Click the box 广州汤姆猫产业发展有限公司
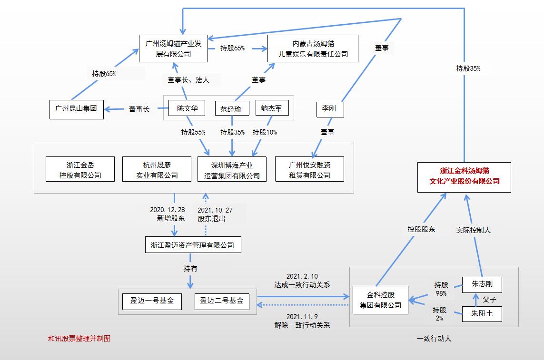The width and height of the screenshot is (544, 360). click(x=173, y=49)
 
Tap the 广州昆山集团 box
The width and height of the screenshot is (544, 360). click(x=76, y=109)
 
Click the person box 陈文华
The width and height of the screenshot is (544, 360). click(x=187, y=108)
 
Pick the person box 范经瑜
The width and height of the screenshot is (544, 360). click(x=231, y=109)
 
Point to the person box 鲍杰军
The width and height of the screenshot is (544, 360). click(x=272, y=108)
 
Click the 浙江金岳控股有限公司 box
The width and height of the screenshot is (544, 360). click(x=80, y=170)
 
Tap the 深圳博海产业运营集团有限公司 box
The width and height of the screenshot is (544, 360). click(x=232, y=170)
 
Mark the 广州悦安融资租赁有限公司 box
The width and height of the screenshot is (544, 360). click(x=309, y=170)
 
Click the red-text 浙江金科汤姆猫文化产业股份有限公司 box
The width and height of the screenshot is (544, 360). click(x=464, y=177)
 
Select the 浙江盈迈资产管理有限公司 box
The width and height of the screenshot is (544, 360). click(x=192, y=245)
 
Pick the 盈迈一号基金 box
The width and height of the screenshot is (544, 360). click(x=152, y=301)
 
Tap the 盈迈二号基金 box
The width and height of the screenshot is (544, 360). click(x=222, y=301)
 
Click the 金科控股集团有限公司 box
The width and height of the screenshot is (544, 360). click(x=380, y=300)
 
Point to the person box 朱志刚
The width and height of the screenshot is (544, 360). click(x=482, y=284)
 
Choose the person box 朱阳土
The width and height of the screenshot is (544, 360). click(x=482, y=314)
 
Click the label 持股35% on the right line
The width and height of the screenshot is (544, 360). click(x=468, y=68)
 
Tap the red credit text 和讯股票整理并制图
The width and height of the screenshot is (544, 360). click(x=79, y=339)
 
